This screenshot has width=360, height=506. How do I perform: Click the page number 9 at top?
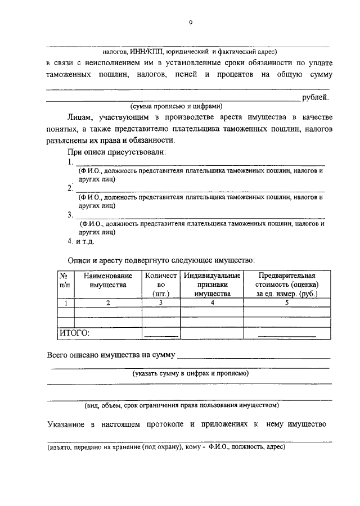click(191, 22)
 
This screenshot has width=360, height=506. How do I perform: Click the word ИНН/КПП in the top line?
click(148, 51)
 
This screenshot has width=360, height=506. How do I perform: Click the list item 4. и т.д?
click(81, 242)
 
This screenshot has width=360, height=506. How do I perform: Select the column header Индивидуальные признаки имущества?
click(212, 284)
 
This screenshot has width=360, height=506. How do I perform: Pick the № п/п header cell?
click(65, 280)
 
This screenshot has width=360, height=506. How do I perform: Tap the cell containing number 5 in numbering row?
click(286, 303)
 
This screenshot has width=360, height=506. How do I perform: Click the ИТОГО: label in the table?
click(74, 333)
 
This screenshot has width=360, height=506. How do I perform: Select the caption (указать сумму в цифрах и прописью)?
click(191, 373)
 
